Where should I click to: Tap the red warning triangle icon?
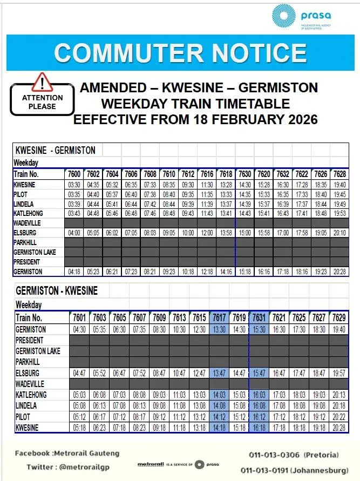(x=42, y=82)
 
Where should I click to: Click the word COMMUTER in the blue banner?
(x=118, y=53)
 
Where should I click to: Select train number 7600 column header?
(x=74, y=174)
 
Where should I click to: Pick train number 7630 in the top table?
(x=245, y=174)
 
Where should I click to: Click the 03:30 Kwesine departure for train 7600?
(x=74, y=185)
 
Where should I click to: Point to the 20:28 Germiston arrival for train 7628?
(x=339, y=272)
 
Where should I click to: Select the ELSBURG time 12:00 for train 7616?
(x=207, y=233)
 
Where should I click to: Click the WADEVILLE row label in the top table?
(x=28, y=223)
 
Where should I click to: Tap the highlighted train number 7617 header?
(x=219, y=317)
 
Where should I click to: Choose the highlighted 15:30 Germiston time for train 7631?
(x=258, y=329)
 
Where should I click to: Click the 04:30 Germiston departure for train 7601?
(x=79, y=329)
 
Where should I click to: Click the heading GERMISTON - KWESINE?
(x=57, y=291)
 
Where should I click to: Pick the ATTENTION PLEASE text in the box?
(x=42, y=102)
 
